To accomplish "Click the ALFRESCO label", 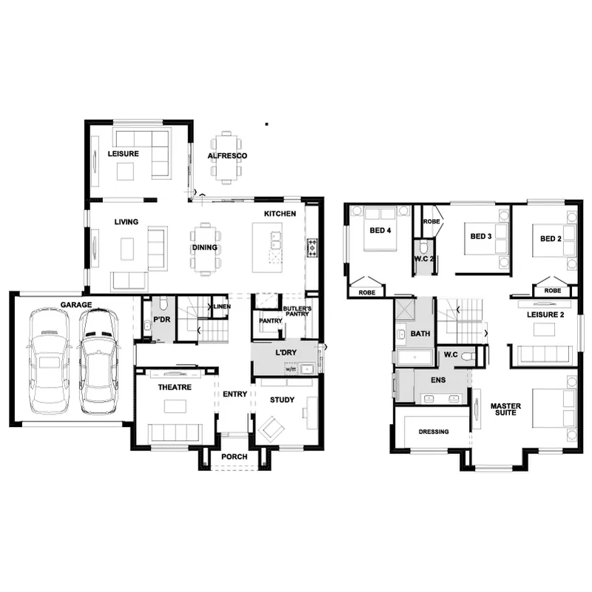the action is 227,155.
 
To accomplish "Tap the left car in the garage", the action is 49,361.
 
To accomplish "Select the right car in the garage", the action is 98,361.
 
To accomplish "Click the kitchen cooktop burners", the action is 312,248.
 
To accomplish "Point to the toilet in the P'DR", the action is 163,303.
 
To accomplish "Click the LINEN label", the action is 222,306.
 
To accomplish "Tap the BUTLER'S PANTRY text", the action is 297,311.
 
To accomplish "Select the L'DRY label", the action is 286,353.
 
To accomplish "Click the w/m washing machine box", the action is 291,369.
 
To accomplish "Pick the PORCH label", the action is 235,457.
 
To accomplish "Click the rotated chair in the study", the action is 271,428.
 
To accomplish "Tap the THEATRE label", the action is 175,387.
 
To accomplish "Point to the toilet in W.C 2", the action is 423,248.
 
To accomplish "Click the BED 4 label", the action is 380,230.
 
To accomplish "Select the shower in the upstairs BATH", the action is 405,309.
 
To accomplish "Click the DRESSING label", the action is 434,431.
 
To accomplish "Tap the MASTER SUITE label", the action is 505,409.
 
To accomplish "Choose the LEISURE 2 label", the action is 545,314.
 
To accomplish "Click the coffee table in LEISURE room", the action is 125,172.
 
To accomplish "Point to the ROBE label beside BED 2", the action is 553,290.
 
